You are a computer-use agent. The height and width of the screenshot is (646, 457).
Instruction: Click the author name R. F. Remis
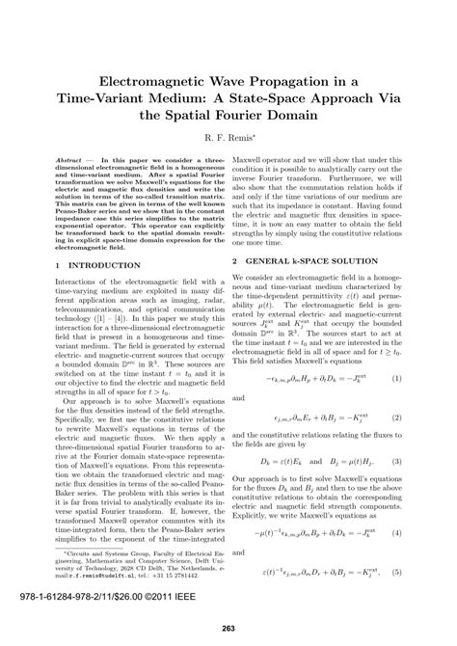(x=228, y=139)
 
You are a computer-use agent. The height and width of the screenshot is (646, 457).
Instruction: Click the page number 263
(x=228, y=629)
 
